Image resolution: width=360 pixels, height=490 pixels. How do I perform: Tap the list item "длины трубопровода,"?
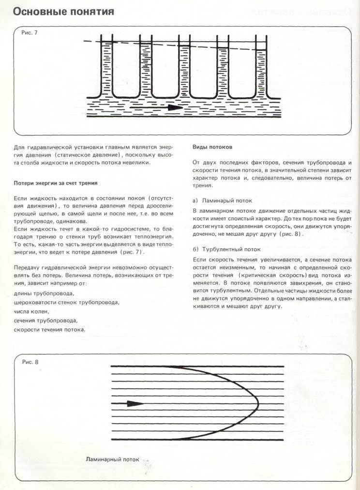point(44,294)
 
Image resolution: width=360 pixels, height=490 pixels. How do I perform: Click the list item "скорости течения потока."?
point(50,330)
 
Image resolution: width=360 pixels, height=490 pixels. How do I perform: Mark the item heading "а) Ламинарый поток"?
point(222,199)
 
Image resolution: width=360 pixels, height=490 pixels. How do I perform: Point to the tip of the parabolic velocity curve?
point(258,403)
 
